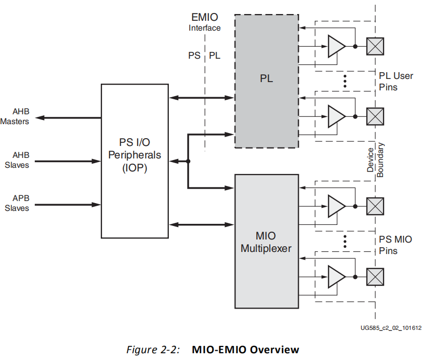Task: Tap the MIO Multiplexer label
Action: pos(266,244)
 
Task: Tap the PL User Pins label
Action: pos(395,82)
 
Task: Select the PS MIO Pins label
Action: pos(395,245)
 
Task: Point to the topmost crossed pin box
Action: pos(375,46)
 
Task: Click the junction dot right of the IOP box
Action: pos(188,162)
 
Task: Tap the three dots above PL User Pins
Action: pos(345,81)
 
